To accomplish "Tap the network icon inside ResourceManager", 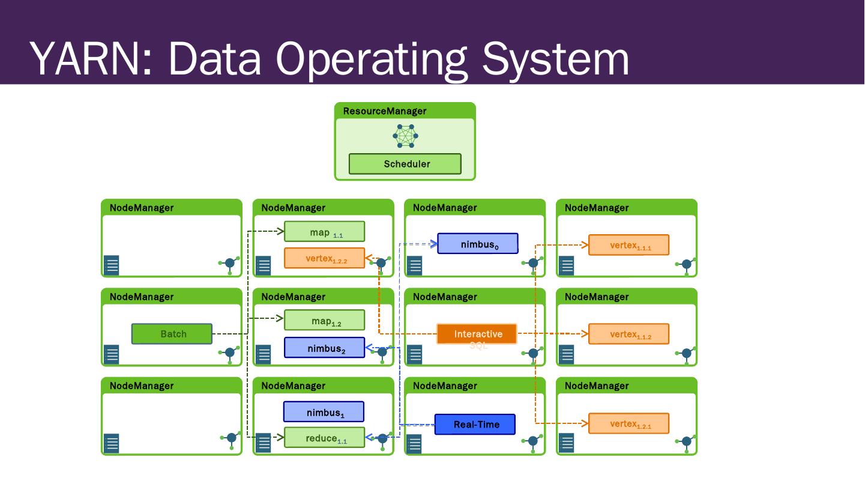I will (405, 136).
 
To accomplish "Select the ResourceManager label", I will (385, 111).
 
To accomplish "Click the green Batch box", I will (172, 334).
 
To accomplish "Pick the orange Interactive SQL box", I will (477, 334).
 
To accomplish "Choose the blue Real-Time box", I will (475, 425).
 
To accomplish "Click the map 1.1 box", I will (324, 232).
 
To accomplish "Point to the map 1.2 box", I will (324, 321).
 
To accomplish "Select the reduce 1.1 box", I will (324, 438).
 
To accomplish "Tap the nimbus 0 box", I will (477, 244).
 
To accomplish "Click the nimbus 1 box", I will (324, 412).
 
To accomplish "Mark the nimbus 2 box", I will (324, 348).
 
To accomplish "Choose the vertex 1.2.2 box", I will (324, 258).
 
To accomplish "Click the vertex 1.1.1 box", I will (628, 245).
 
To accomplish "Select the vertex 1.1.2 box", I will (628, 334).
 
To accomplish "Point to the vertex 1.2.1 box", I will (628, 423).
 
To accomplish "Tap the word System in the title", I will (556, 58).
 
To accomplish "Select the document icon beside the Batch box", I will (112, 354).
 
